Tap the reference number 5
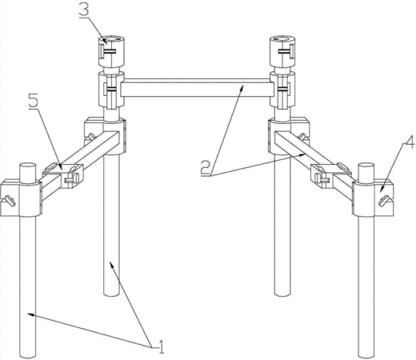34,101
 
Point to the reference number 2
206,168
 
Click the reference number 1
161,346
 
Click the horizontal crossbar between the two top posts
198,87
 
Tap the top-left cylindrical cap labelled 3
112,50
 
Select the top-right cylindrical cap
282,50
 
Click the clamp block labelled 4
373,198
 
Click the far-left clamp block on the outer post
21,198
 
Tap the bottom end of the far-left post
28,355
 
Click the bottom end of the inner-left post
111,294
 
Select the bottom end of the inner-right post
282,294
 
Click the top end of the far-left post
28,166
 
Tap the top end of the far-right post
366,166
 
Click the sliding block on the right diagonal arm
330,174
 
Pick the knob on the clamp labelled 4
384,201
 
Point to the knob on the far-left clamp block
10,201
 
